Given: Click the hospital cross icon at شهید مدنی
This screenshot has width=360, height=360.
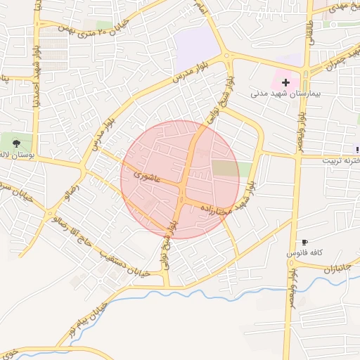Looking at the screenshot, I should pyautogui.click(x=285, y=82).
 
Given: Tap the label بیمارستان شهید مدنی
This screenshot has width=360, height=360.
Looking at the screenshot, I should pyautogui.click(x=285, y=94).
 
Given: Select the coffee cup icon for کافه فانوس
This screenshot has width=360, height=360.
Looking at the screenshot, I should pyautogui.click(x=304, y=242).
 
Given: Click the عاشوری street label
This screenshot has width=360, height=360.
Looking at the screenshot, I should pyautogui.click(x=150, y=178).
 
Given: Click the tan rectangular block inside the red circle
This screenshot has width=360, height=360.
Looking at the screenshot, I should pyautogui.click(x=226, y=169).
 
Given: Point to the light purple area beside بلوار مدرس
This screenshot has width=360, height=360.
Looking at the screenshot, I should pyautogui.click(x=198, y=46).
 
